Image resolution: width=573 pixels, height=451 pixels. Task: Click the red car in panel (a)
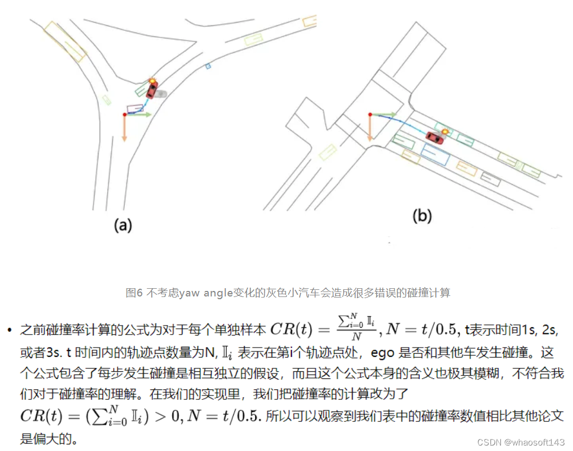(x=151, y=89)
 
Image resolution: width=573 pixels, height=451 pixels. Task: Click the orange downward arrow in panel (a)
(x=124, y=129)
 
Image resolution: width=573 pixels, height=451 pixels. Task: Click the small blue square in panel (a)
(x=208, y=66)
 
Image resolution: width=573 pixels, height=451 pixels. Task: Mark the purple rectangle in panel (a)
(x=135, y=108)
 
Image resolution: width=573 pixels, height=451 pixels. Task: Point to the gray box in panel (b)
(x=490, y=177)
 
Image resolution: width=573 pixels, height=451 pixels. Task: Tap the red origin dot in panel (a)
(x=124, y=114)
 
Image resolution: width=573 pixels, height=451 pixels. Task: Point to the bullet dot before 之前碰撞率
(x=9, y=330)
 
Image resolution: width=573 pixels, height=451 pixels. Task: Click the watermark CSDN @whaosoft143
(x=521, y=442)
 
